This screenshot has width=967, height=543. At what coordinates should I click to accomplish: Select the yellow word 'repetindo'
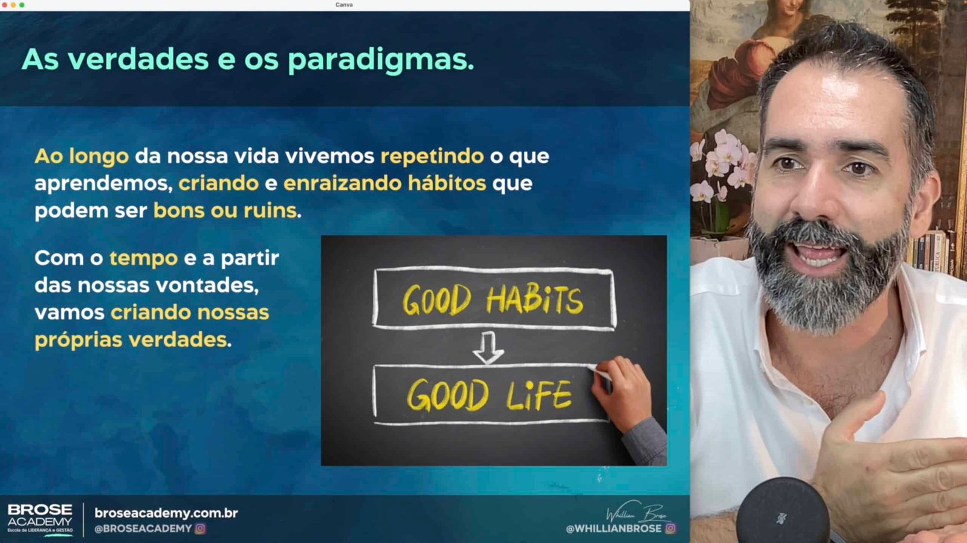coord(432,157)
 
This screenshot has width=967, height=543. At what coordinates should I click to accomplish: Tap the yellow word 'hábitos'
coord(447,183)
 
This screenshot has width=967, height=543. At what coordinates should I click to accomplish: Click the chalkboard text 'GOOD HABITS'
coord(493,299)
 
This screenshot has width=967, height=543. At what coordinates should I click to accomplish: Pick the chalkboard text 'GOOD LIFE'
coord(490,394)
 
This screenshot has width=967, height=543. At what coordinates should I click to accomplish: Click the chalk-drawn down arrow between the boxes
coord(488,348)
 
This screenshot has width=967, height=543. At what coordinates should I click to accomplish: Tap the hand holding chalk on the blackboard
coord(623,392)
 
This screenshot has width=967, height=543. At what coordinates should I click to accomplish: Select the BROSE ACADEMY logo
coord(40,519)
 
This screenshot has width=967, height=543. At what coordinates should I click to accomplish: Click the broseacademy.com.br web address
coord(166,513)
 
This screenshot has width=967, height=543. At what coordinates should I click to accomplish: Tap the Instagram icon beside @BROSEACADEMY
coord(200,528)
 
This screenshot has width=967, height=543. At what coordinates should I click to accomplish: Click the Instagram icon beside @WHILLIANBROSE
coord(670,528)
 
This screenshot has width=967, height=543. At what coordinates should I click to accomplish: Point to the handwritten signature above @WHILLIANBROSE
coord(637,512)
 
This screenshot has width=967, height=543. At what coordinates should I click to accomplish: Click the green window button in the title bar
coord(22,5)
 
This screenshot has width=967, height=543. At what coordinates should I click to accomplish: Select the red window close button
coord(5,5)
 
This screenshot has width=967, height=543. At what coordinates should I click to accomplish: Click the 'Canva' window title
coord(344,5)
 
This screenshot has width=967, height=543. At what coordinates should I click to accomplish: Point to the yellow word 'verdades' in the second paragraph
coord(178,340)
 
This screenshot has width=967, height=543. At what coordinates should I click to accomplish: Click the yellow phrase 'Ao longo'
coord(82,157)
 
